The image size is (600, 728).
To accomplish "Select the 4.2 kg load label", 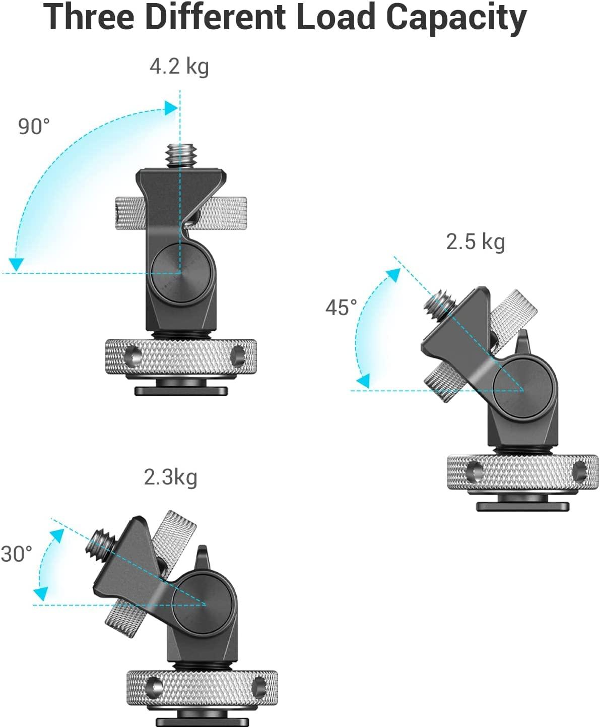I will [x=179, y=66].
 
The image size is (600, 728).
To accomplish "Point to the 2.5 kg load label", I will [x=475, y=241].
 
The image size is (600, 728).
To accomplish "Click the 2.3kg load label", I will [x=170, y=477].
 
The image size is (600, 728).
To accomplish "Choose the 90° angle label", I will [x=34, y=126].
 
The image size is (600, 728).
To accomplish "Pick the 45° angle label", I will [x=341, y=308].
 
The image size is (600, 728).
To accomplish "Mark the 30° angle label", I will [x=17, y=554].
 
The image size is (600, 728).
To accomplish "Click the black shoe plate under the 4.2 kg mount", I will [x=181, y=390].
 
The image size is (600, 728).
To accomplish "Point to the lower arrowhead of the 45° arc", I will [x=363, y=381].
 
